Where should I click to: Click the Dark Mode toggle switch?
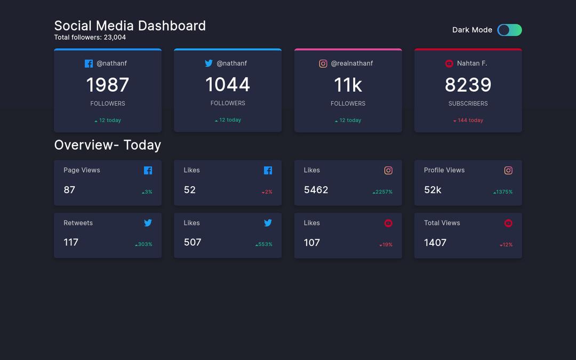509,30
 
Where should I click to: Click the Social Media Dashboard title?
130,26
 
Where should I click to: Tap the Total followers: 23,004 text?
90,37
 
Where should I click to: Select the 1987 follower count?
107,85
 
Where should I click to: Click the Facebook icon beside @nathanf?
89,63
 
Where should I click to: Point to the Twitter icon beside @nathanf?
209,63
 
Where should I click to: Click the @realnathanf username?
351,63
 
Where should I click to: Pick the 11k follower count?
348,85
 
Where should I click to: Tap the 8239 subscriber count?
468,85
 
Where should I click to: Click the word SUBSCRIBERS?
468,103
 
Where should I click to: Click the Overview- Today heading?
107,145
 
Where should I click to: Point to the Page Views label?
82,170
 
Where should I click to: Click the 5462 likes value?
316,190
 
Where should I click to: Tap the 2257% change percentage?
383,192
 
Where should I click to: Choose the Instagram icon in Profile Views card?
508,171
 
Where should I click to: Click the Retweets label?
78,223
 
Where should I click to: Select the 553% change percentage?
264,244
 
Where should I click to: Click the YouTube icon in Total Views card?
508,223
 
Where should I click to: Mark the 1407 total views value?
435,243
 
